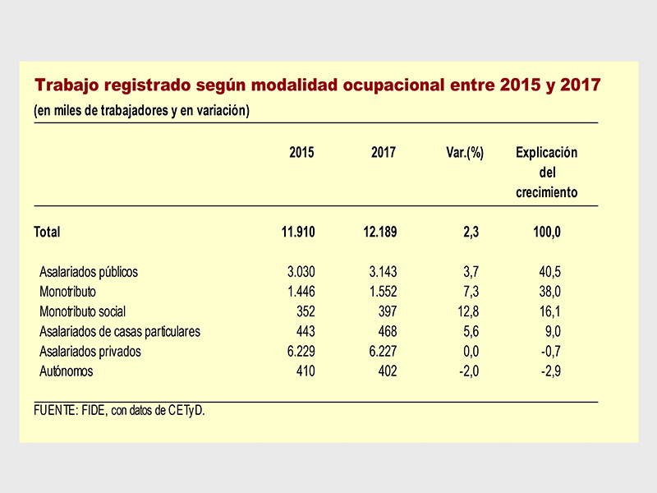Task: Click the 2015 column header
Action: point(301,152)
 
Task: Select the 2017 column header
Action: point(383,152)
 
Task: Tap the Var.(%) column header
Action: point(465,153)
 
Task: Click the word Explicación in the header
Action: point(546,153)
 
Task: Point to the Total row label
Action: point(47,232)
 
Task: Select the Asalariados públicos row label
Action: point(89,272)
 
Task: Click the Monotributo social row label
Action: point(83,311)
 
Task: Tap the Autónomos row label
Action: point(67,371)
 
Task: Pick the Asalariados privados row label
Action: point(90,352)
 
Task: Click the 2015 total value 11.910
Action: point(298,232)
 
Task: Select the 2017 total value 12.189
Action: point(379,232)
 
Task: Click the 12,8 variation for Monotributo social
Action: point(468,311)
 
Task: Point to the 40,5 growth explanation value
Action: point(549,272)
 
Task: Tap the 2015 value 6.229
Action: point(301,352)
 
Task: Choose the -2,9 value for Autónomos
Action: point(550,371)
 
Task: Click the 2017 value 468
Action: point(388,331)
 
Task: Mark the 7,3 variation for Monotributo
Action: point(471,292)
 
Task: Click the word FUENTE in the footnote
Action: point(54,410)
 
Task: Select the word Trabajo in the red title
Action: point(67,85)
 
